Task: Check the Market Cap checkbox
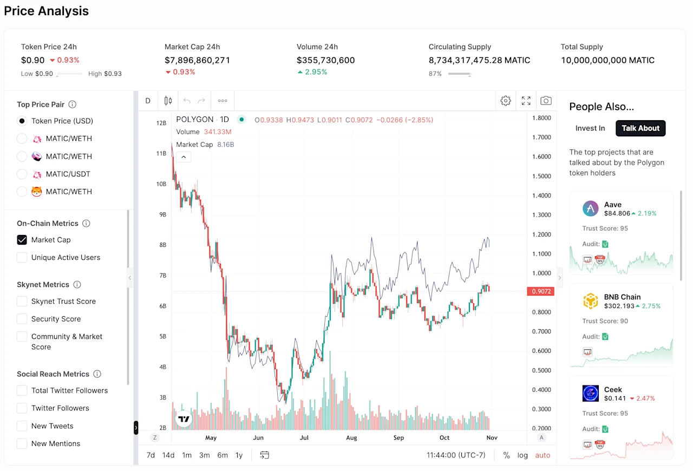22,240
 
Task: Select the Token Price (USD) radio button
22,121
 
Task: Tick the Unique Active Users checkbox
22,258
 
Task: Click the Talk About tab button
640,128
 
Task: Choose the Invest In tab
590,128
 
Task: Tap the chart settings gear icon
506,101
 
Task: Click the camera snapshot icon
546,101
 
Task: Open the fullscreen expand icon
526,101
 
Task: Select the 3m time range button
204,455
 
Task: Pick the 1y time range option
239,455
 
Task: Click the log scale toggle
522,455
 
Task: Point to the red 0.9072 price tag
541,291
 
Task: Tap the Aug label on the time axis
351,437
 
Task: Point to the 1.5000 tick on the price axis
541,176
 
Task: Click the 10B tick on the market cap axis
161,184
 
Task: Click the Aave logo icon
590,208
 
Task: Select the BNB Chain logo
590,301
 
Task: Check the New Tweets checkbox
22,426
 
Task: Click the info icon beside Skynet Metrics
77,284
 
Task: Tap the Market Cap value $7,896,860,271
197,60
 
